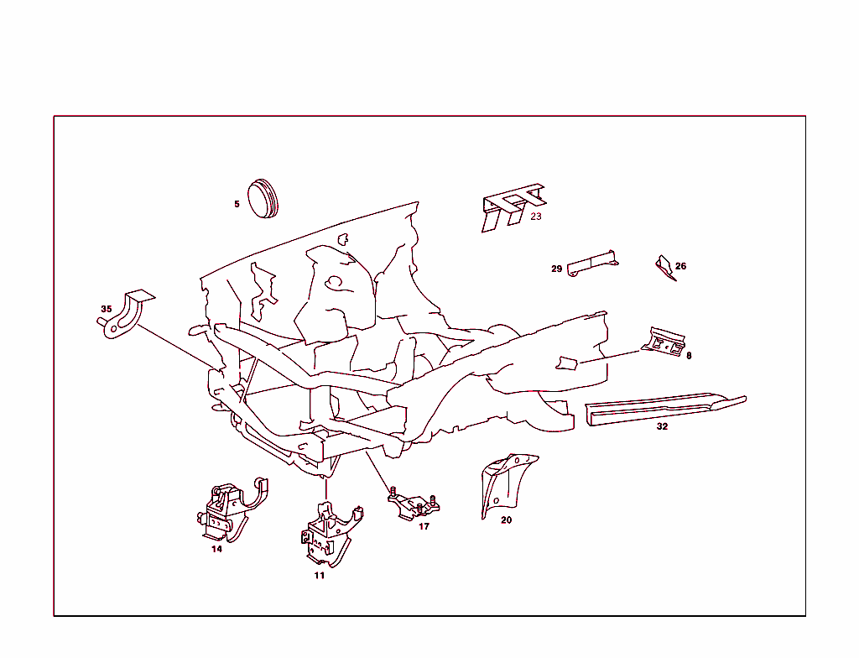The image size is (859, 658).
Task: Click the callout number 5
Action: tap(237, 204)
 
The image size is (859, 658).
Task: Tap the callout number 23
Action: tap(536, 216)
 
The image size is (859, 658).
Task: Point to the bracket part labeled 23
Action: tap(509, 205)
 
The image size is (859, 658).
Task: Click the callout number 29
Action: tap(556, 269)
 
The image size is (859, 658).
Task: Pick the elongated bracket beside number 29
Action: tap(592, 263)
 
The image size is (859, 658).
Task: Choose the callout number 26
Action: tap(680, 266)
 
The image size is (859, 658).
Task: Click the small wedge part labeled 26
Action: tap(664, 266)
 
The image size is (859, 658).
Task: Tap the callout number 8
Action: tap(689, 355)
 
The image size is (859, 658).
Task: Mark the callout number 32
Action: tap(662, 426)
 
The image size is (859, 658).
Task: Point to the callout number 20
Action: tap(506, 520)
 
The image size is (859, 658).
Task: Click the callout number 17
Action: tap(424, 526)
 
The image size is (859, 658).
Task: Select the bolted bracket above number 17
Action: tap(414, 506)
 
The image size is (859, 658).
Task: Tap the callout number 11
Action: tap(319, 575)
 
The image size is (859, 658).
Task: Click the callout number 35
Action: tap(106, 309)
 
